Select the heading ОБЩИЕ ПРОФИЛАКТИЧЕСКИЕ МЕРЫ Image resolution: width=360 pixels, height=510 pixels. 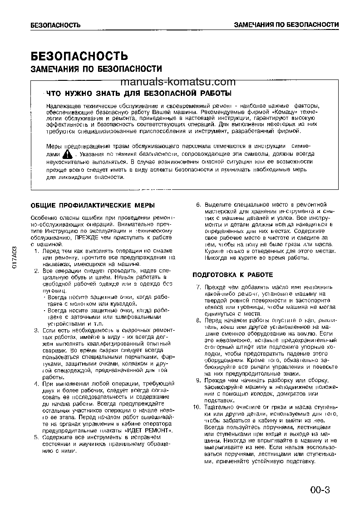click(x=93, y=205)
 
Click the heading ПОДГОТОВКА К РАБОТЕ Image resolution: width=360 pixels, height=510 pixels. click(x=233, y=275)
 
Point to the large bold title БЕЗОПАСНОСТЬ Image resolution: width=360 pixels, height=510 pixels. click(x=79, y=56)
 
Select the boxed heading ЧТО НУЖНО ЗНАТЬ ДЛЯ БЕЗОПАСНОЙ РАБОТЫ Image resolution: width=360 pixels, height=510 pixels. click(x=138, y=94)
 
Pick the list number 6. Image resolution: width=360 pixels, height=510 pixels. click(x=198, y=205)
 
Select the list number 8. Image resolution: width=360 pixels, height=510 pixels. click(x=198, y=320)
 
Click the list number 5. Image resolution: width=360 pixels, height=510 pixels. click(x=36, y=437)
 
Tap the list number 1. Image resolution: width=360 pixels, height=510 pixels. click(x=36, y=251)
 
